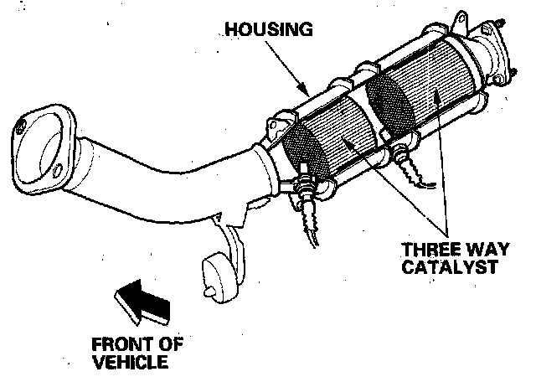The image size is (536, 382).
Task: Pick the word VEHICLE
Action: coord(130,362)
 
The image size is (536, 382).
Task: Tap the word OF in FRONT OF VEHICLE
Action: coord(172,345)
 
